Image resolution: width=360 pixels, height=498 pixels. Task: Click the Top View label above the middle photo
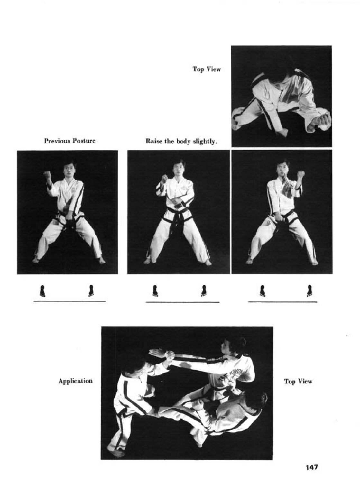(207, 69)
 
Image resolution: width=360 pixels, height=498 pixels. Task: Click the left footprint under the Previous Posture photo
(42, 291)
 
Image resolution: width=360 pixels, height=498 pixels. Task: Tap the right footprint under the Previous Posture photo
(91, 291)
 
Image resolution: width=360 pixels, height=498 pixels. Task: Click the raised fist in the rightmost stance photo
(300, 174)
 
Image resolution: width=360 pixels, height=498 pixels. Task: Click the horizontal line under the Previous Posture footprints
(69, 301)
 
